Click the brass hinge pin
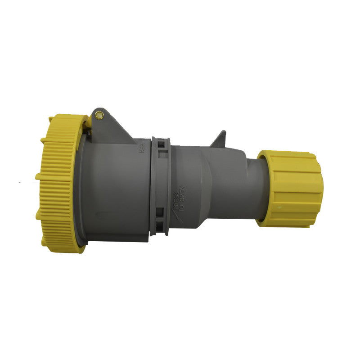pyautogui.click(x=99, y=116)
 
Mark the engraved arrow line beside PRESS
pyautogui.click(x=175, y=215)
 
